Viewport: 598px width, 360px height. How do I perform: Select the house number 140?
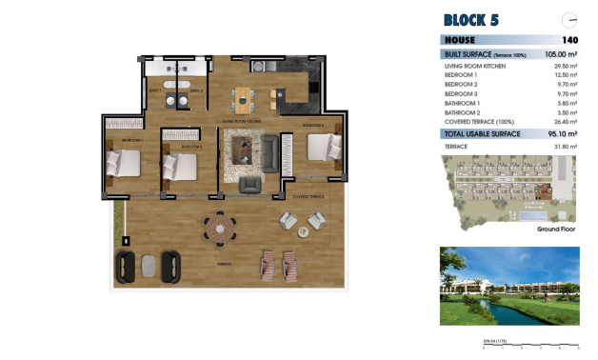[569, 40]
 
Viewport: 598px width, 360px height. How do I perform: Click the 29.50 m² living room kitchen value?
[566, 66]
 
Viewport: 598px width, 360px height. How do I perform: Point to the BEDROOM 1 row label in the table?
[462, 75]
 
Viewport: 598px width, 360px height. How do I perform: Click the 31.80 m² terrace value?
[566, 146]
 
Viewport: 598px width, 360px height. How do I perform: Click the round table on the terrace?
[221, 225]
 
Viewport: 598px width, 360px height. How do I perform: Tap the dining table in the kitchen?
[247, 95]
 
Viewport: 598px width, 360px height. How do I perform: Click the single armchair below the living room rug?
[249, 183]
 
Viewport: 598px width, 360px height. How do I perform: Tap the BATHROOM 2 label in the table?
[463, 112]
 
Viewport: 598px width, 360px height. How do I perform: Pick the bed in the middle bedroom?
[181, 165]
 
